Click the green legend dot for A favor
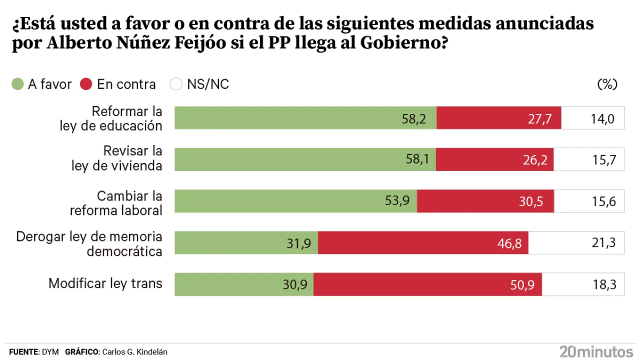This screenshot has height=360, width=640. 17,84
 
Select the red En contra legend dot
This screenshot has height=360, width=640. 86,84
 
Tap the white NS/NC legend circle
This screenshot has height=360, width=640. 176,84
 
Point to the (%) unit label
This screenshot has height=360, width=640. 607,84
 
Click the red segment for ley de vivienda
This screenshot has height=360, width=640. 494,159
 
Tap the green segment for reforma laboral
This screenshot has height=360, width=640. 295,201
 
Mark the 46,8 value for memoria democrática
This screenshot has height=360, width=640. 509,243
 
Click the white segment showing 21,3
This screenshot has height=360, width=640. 576,243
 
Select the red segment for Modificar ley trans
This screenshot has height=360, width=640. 427,284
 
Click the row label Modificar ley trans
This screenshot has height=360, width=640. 105,283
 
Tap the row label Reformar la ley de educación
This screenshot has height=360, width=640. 111,118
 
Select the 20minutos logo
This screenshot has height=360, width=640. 596,351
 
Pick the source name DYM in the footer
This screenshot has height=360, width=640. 50,352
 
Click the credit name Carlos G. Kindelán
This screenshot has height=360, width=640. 134,352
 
